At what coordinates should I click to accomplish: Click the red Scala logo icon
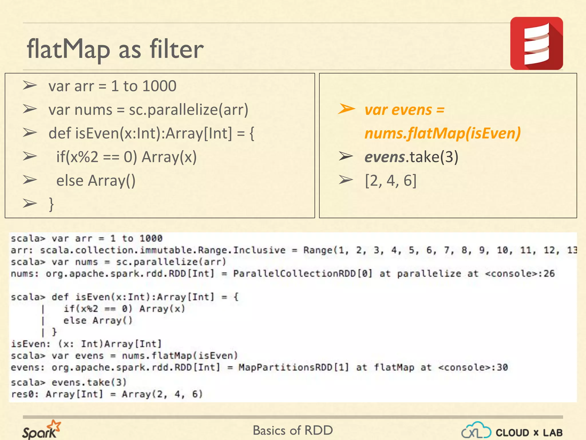coord(536,43)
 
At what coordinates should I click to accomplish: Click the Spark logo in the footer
coord(41,430)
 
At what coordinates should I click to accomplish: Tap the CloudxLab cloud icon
coord(476,431)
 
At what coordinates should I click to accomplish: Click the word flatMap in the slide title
coord(68,49)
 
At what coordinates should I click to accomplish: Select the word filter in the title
coord(177,49)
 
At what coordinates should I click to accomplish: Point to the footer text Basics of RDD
coord(293,430)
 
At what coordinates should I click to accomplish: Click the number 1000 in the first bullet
coord(159,86)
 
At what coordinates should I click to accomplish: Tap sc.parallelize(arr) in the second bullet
coord(189,110)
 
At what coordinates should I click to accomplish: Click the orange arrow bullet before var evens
coord(346,109)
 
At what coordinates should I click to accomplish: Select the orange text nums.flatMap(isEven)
coord(442,133)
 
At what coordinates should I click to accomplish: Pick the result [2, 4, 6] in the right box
coord(391,181)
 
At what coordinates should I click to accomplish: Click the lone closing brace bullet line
coord(51,204)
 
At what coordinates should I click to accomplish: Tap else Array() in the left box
coord(96,181)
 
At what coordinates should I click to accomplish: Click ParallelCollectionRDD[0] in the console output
coord(303,274)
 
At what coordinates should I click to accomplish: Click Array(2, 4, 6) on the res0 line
coord(162,394)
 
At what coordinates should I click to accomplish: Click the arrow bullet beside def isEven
coord(30,133)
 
